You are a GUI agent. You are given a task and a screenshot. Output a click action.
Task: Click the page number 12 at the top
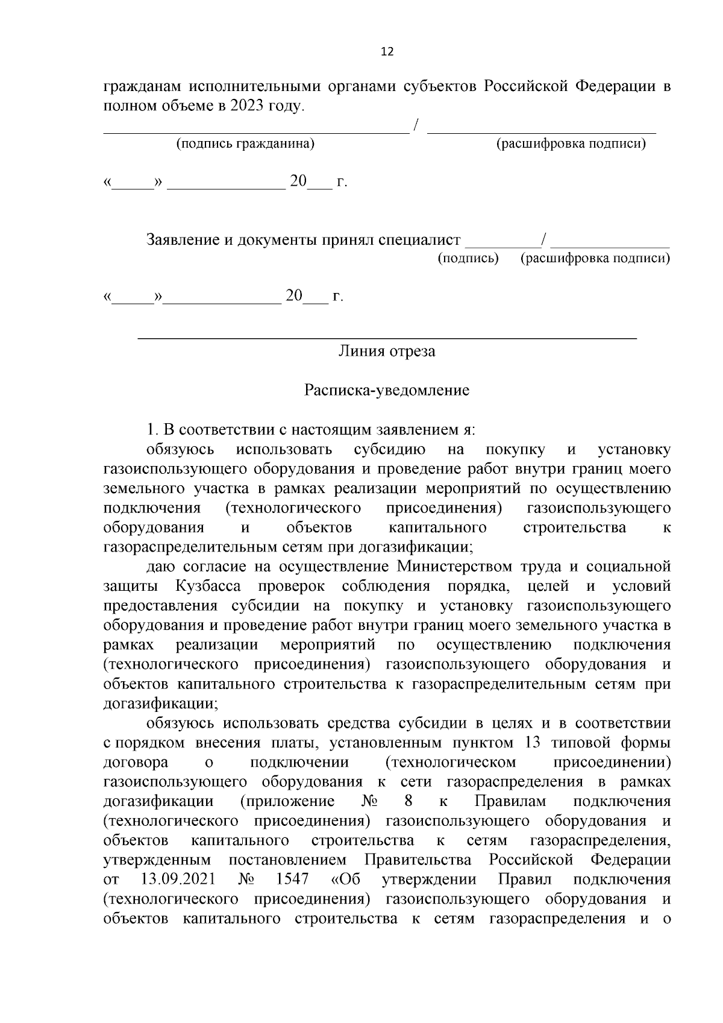[x=387, y=52]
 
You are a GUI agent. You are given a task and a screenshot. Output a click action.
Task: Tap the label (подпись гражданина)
[x=245, y=144]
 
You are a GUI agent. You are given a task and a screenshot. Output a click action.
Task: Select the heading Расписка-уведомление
[x=386, y=390]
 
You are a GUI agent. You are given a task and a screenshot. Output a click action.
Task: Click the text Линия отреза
[x=386, y=351]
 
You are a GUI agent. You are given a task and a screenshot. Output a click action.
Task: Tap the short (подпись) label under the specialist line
[x=468, y=259]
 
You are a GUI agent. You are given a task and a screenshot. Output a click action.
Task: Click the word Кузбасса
[x=208, y=586]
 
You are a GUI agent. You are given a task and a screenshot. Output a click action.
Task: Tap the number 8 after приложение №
[x=408, y=801]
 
